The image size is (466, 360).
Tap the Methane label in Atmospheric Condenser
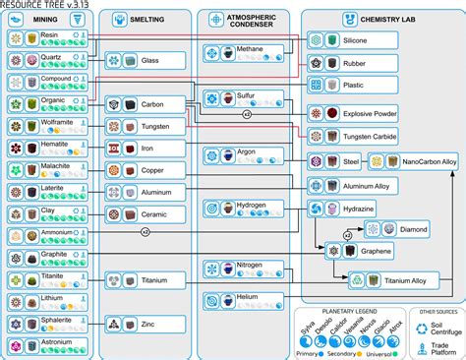252,47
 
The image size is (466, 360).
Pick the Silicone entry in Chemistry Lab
356,40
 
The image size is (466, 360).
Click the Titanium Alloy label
403,281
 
